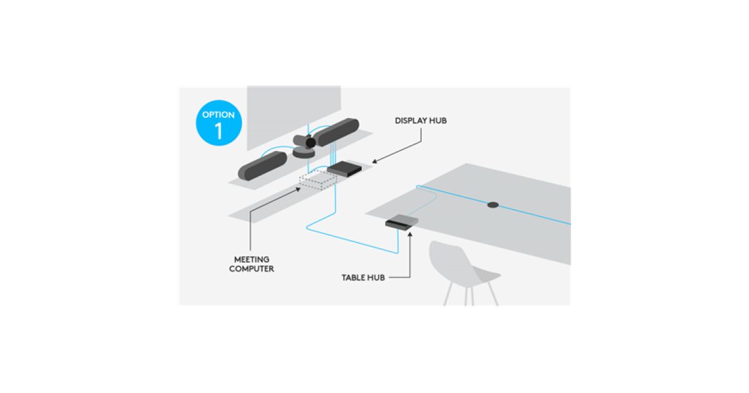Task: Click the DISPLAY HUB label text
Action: [421, 120]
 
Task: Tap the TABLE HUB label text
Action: [363, 278]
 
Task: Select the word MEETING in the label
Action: [252, 260]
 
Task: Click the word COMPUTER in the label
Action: [252, 269]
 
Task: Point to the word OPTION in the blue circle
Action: [218, 115]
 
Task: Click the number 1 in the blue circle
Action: [218, 131]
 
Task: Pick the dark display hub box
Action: [345, 169]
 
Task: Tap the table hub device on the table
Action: [401, 222]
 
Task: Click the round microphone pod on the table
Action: [493, 205]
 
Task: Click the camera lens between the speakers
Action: [311, 143]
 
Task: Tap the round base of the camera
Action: [303, 153]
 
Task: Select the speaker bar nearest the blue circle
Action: [263, 166]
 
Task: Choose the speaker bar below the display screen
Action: [337, 132]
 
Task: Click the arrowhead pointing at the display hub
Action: [374, 162]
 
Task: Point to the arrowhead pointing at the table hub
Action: [410, 235]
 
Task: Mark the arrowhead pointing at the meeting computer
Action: [298, 190]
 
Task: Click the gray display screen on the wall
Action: [293, 114]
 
